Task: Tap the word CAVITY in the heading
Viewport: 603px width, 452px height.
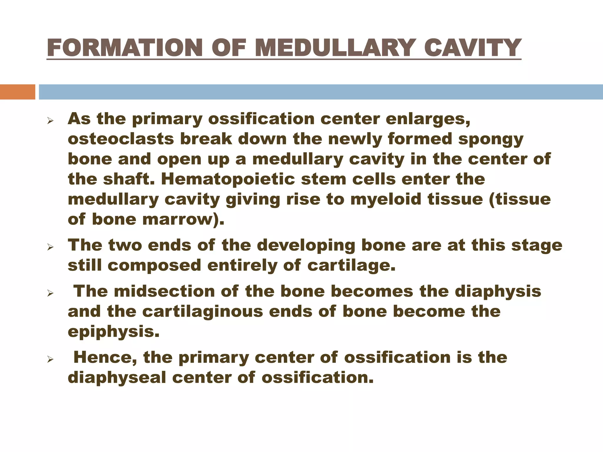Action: (472, 48)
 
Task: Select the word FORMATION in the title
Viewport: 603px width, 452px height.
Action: (124, 48)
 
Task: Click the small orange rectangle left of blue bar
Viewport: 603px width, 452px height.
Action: (17, 92)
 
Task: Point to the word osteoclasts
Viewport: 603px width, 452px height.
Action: (121, 139)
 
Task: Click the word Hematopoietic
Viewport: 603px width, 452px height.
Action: (228, 179)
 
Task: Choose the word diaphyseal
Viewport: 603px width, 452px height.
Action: (117, 378)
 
